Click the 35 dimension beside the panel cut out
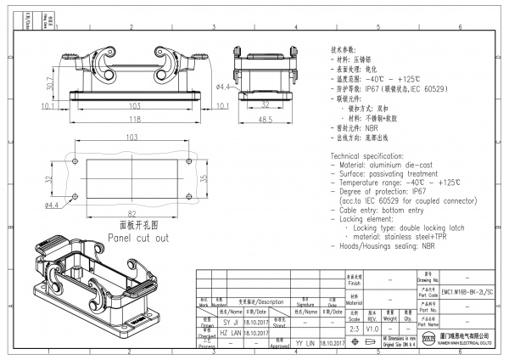[203, 179]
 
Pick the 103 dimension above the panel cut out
[131, 137]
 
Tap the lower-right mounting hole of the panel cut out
[187, 197]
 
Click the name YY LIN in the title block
[305, 343]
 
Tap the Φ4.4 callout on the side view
[224, 87]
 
